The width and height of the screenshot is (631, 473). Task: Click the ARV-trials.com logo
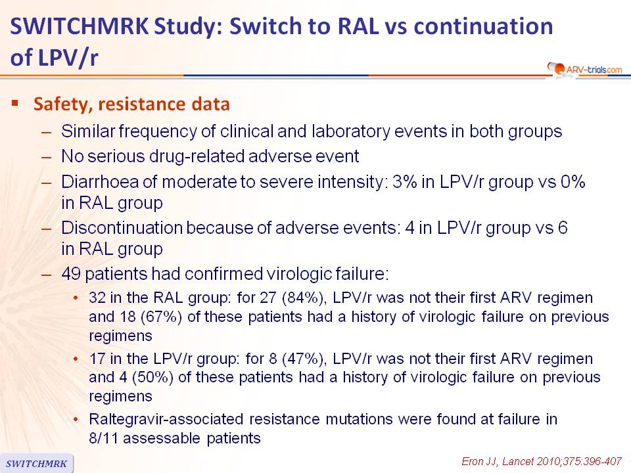coord(584,69)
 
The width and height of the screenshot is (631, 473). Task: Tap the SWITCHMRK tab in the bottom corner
coord(37,463)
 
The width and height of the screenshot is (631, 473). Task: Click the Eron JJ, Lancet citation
coord(541,461)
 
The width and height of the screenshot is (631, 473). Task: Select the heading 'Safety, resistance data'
coord(131,104)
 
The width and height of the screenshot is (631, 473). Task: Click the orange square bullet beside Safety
coord(15,103)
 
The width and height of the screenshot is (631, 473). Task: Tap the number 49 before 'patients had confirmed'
coord(71,274)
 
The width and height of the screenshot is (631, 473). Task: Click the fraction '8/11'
coord(103,438)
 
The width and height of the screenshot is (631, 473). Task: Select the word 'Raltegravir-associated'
coord(166,420)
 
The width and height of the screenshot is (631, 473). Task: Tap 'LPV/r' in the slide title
coord(68,58)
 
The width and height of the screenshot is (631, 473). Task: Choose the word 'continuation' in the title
coord(483,26)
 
